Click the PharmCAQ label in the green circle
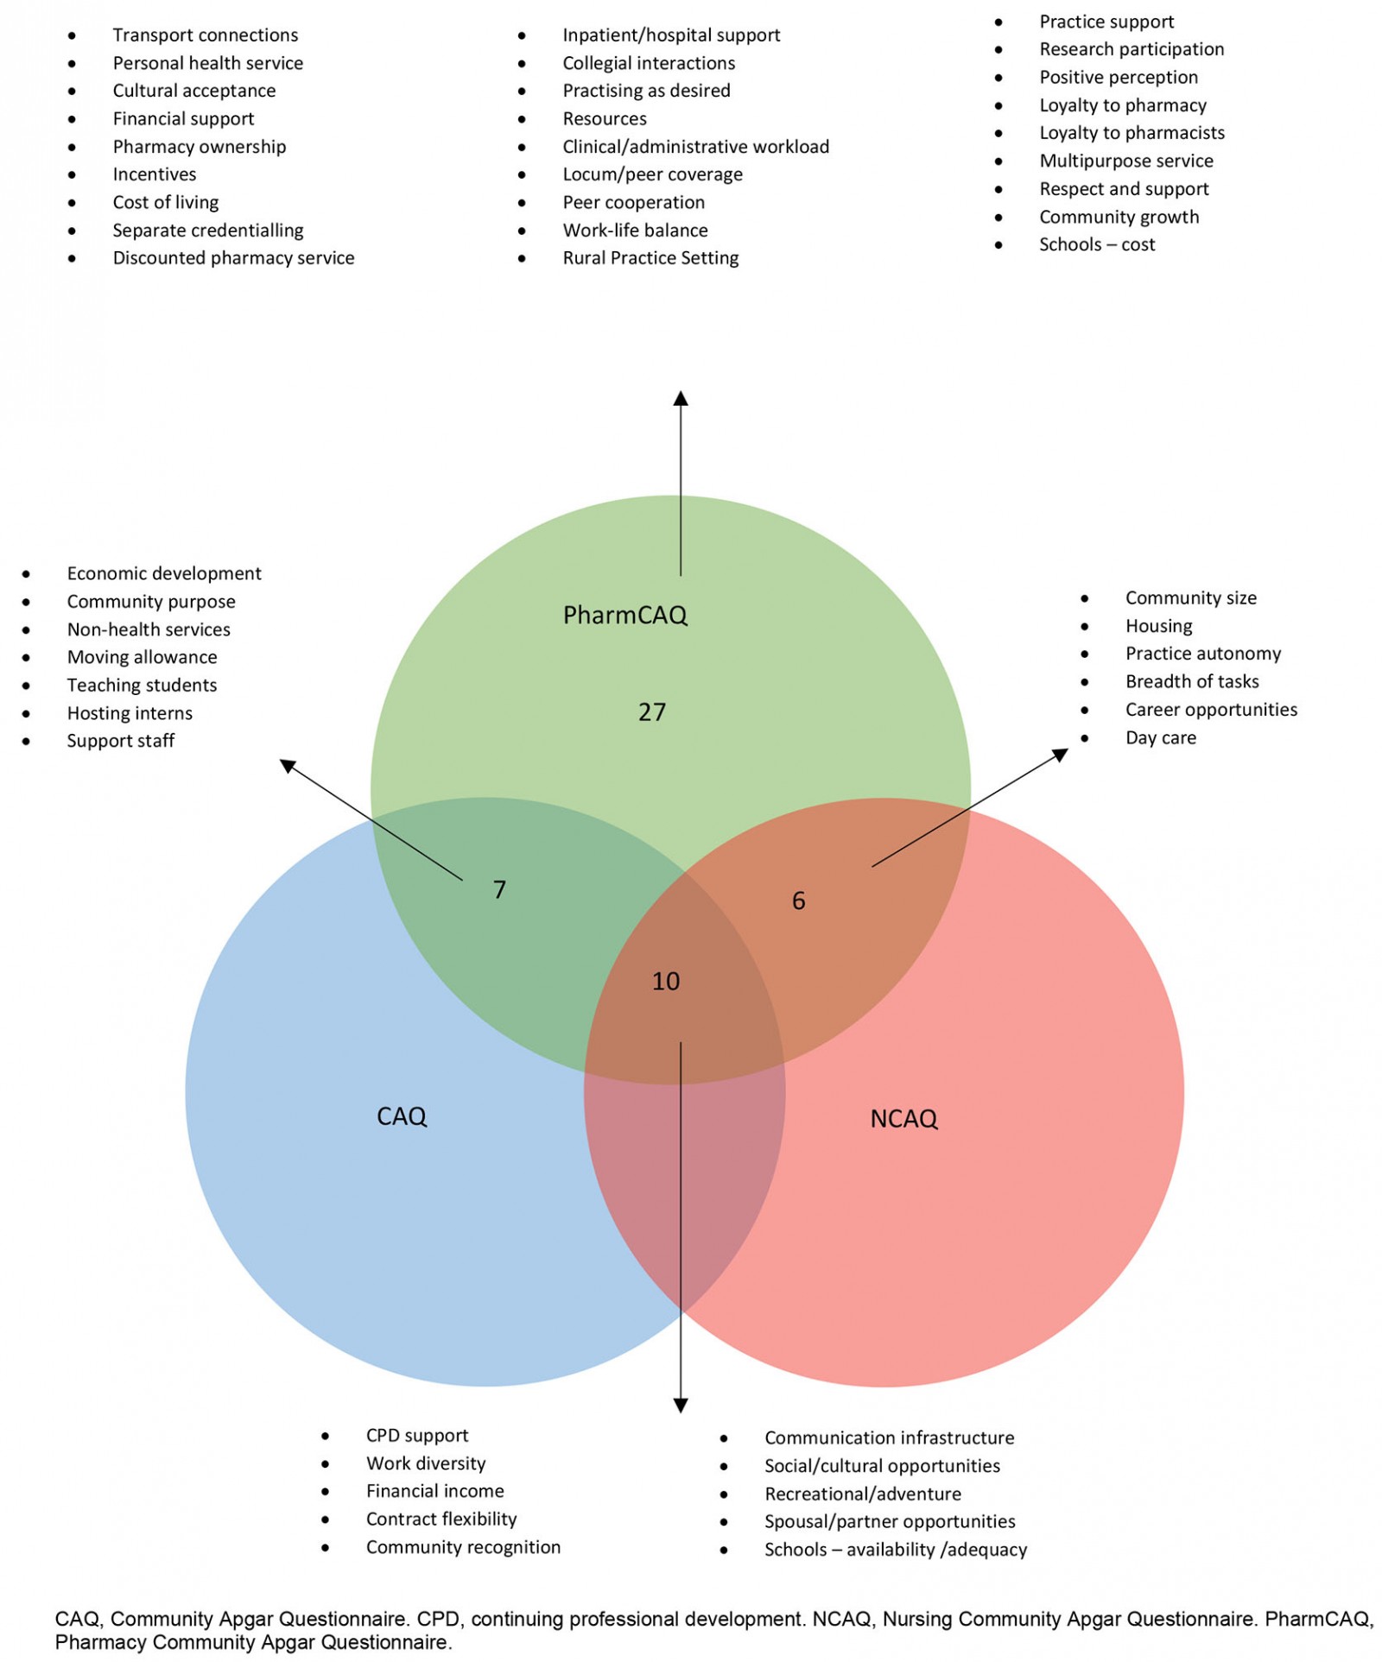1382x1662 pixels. click(624, 615)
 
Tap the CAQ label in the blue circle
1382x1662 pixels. click(402, 1116)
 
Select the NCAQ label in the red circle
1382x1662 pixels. click(903, 1119)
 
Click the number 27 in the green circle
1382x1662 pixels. click(652, 712)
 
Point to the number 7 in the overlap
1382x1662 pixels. click(499, 889)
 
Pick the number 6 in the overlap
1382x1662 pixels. click(798, 901)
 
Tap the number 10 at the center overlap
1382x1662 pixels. click(665, 981)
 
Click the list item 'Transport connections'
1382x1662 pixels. click(205, 35)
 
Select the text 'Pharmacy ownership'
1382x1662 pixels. click(199, 147)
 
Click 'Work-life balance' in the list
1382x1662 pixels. click(635, 231)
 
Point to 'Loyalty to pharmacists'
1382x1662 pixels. click(1132, 133)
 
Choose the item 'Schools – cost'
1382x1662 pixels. click(1096, 244)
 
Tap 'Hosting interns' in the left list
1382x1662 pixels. click(130, 713)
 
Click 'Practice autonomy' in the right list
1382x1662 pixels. click(1202, 654)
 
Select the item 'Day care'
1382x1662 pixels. click(1160, 737)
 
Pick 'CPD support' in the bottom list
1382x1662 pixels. click(416, 1435)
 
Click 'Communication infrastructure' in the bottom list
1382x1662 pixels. click(889, 1438)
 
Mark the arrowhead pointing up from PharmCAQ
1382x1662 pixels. click(681, 398)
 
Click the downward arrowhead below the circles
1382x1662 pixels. click(681, 1405)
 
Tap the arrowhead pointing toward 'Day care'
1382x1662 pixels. click(1062, 755)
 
